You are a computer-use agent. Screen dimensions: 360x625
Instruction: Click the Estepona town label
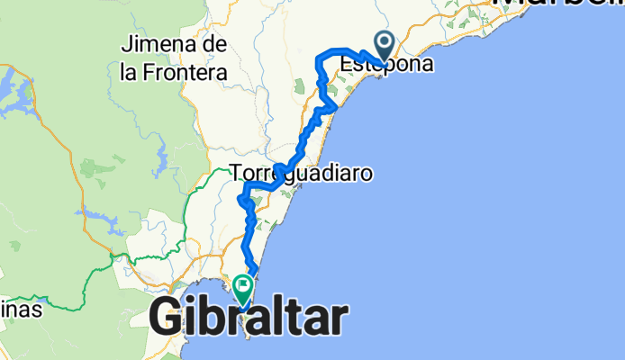pos(385,65)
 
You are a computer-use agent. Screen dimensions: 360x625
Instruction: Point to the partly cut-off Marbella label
pos(558,4)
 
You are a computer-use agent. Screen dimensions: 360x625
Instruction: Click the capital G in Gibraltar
pos(167,319)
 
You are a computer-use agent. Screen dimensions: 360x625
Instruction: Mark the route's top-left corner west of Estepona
pos(318,58)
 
